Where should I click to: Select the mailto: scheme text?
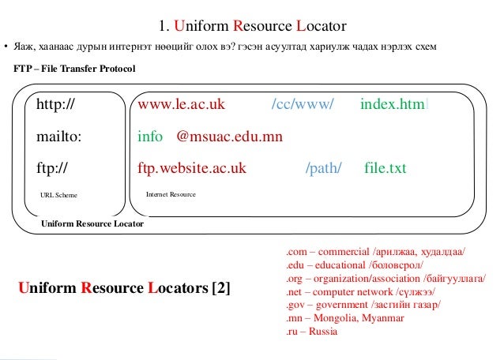(x=59, y=137)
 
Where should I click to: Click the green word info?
(x=150, y=137)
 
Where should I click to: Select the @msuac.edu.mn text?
(x=230, y=137)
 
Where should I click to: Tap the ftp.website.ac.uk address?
(x=192, y=168)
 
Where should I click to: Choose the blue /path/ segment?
(x=322, y=168)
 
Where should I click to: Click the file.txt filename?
(x=386, y=168)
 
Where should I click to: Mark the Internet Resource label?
(x=171, y=193)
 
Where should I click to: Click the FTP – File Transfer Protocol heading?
(x=75, y=69)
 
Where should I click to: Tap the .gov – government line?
(x=363, y=306)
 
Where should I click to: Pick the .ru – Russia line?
(x=311, y=332)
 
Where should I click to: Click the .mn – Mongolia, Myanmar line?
(x=344, y=319)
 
